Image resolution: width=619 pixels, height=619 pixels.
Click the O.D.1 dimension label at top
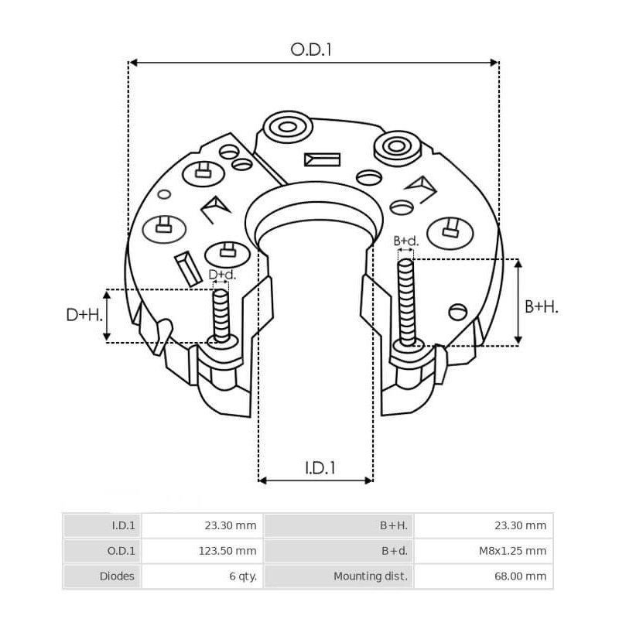pos(311,50)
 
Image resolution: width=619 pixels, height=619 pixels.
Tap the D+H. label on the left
pos(83,315)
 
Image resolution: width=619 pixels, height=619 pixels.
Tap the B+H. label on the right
pos(542,306)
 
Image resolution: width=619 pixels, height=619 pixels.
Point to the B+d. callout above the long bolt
pos(406,241)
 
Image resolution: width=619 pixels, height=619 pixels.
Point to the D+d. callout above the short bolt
pos(222,275)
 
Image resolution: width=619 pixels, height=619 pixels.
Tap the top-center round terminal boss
pos(287,126)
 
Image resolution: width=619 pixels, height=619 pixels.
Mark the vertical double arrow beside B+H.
pos(518,302)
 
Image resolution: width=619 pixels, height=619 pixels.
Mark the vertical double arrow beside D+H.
pos(107,316)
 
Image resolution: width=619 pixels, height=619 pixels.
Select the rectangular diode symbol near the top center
pos(322,159)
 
